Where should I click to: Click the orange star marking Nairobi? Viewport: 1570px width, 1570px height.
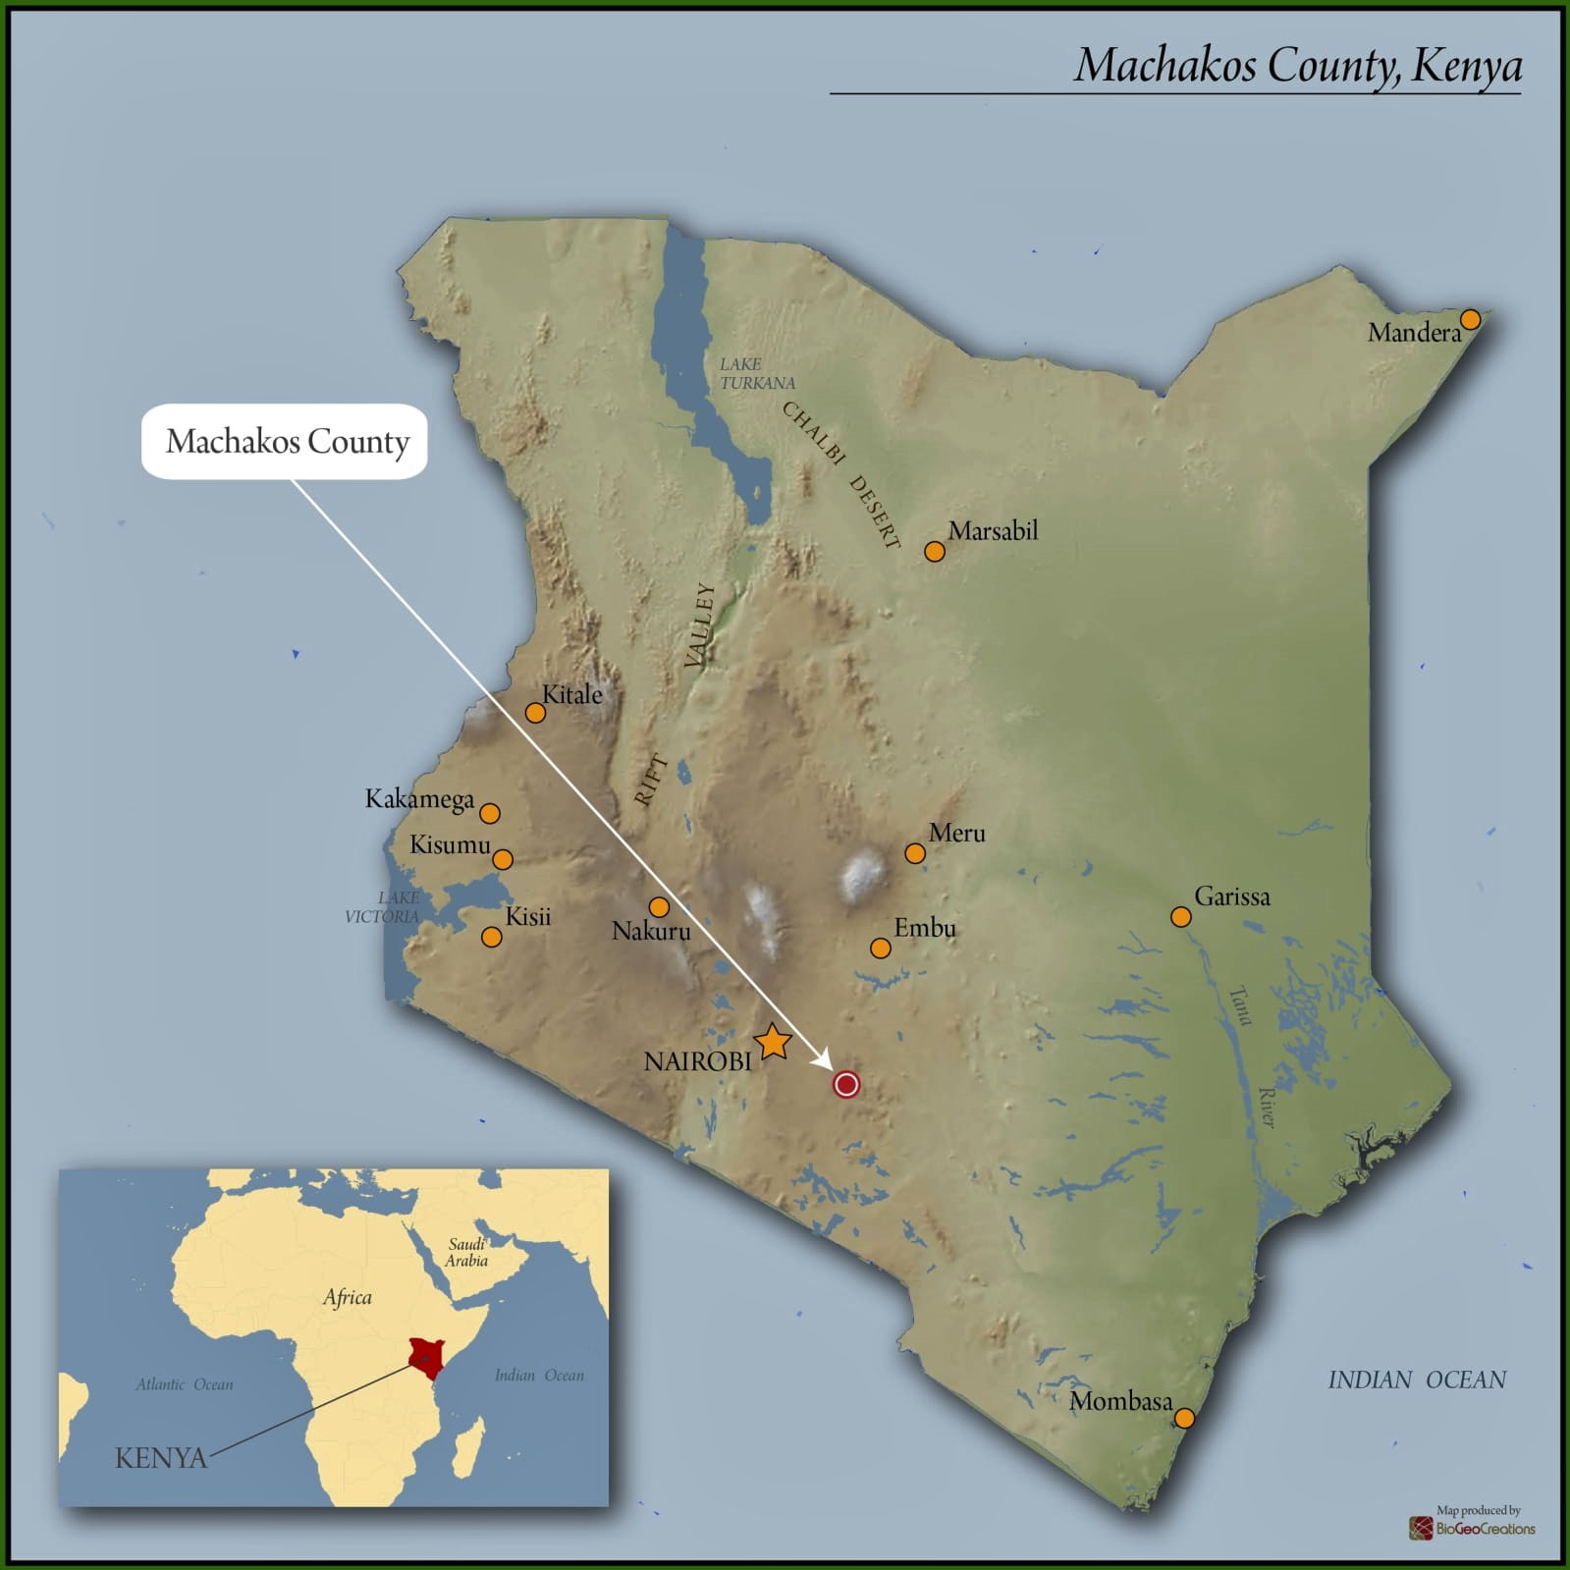click(x=773, y=1042)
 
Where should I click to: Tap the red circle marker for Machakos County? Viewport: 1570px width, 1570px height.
click(x=846, y=1084)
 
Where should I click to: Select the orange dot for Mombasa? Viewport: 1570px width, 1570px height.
click(x=1184, y=1418)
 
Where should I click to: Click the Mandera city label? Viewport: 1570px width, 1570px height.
click(x=1414, y=333)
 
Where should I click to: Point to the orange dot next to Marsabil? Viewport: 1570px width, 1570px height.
click(x=935, y=551)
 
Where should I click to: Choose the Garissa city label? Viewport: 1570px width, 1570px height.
click(x=1231, y=896)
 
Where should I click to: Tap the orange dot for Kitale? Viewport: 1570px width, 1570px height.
click(x=535, y=712)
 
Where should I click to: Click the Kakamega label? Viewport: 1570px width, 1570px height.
click(x=419, y=799)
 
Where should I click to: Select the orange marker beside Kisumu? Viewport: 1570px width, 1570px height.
click(x=503, y=859)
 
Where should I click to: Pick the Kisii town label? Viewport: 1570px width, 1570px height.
click(x=527, y=917)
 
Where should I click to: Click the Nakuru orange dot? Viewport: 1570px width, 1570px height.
click(x=659, y=906)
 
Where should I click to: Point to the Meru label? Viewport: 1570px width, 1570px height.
click(x=956, y=834)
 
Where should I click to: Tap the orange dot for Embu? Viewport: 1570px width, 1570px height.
click(x=881, y=947)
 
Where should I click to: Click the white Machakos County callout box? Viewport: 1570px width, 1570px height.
click(x=286, y=442)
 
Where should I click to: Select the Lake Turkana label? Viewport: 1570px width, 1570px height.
click(x=756, y=373)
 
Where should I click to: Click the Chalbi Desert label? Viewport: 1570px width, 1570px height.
click(x=841, y=473)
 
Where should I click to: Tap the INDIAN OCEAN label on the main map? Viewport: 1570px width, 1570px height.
click(x=1416, y=1381)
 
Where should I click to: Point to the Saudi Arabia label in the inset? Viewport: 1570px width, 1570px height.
click(x=466, y=1253)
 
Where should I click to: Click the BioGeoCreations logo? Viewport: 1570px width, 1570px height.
click(x=1473, y=1528)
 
